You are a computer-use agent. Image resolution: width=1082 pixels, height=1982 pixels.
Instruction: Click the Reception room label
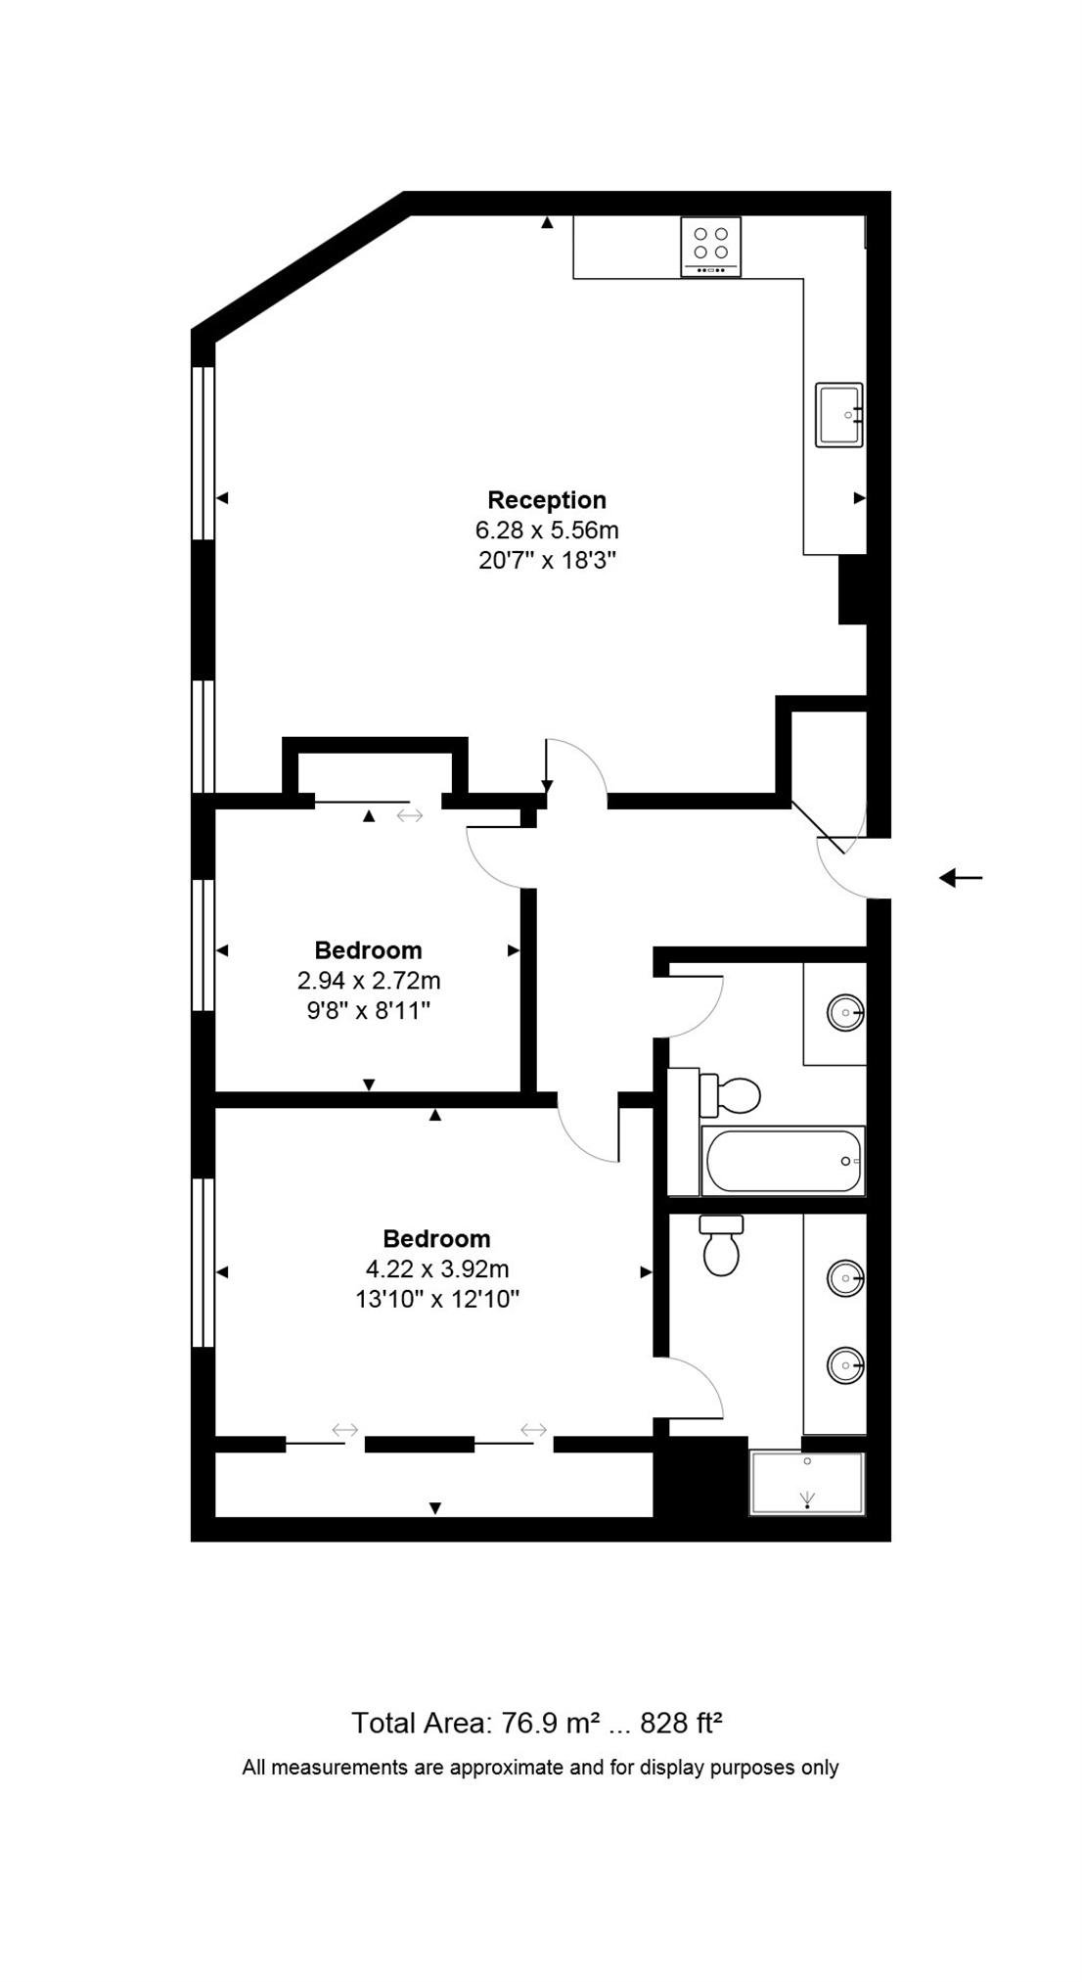click(547, 500)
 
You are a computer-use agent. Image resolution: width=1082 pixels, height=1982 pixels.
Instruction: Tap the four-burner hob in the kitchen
click(711, 246)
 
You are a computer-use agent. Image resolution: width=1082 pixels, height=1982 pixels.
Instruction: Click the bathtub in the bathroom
click(784, 1161)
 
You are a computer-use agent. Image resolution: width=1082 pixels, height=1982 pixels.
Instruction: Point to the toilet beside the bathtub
click(733, 1095)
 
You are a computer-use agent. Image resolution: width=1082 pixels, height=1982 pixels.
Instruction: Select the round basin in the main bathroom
click(845, 1012)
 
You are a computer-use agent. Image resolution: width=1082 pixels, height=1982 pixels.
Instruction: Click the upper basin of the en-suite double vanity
click(845, 1278)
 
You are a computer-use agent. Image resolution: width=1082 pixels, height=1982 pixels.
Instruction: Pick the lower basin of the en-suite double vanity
click(845, 1364)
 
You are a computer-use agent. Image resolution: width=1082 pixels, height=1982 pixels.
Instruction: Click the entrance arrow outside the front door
click(960, 878)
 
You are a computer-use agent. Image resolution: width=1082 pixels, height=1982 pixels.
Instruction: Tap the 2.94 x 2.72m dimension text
click(369, 980)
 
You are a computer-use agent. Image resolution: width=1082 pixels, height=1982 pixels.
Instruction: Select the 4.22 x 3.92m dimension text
click(437, 1269)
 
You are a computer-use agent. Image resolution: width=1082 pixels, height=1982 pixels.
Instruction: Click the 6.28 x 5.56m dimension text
click(547, 530)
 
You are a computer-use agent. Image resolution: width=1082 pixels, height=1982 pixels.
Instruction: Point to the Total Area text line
click(537, 1724)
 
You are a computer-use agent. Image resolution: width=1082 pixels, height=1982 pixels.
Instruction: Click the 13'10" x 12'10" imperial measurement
click(437, 1300)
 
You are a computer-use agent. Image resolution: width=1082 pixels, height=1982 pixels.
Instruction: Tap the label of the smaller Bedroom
click(369, 949)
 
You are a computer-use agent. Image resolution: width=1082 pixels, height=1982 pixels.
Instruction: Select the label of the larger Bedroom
click(437, 1238)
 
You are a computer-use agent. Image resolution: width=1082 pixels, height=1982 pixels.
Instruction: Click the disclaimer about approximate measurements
click(540, 1768)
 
